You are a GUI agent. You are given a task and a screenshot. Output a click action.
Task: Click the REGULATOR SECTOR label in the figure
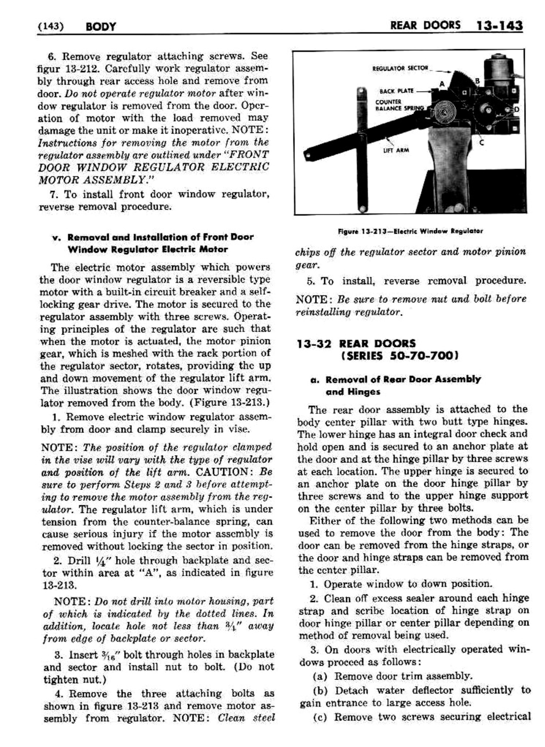coord(400,68)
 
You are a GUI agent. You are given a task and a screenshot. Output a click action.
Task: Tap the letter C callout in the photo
coord(482,143)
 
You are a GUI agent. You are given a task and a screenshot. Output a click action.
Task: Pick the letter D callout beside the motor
coord(517,110)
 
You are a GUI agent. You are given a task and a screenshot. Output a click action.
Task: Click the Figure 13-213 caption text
coord(410,231)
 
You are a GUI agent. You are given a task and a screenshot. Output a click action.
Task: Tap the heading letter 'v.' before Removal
coord(56,237)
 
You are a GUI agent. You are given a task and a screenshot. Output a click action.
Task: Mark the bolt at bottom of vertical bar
coord(362,207)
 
